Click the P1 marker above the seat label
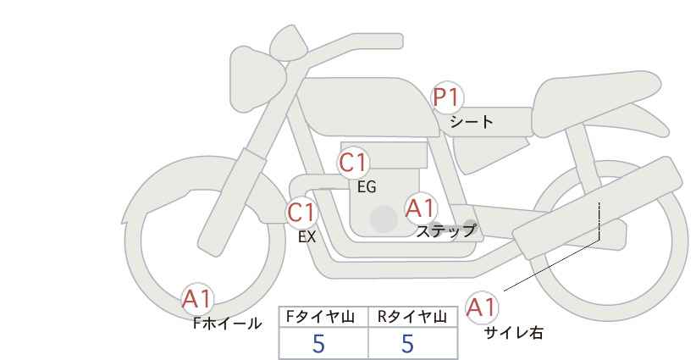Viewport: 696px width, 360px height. [449, 97]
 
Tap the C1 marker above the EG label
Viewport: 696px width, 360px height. [353, 163]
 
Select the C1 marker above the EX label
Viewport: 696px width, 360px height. [301, 213]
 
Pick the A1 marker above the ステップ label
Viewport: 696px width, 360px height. [420, 208]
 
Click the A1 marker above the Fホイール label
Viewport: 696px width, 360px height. [198, 299]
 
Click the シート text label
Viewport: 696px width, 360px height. [472, 121]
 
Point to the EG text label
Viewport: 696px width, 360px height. [366, 187]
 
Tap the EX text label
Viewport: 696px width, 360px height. [307, 237]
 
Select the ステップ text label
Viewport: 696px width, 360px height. [445, 230]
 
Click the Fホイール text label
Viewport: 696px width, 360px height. [228, 323]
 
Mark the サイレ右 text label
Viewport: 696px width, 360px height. [513, 333]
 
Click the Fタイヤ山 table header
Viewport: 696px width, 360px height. [324, 317]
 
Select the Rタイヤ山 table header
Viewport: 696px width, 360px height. [412, 317]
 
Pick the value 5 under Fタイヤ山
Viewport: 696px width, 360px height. [318, 344]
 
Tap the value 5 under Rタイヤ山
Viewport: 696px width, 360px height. [407, 344]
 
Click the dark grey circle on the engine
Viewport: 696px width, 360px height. [384, 219]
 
